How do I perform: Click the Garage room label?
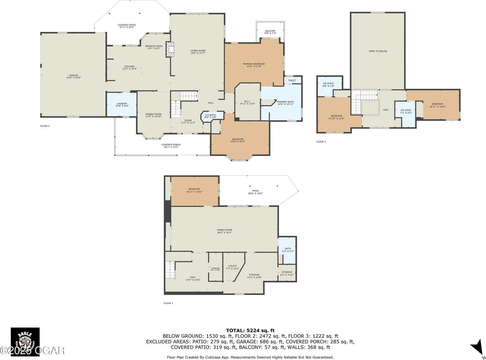[73, 76]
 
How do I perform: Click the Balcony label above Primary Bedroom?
[270, 32]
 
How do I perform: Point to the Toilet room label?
[292, 80]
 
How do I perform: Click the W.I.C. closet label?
[247, 102]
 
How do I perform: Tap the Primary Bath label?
[285, 103]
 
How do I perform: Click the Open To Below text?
[378, 51]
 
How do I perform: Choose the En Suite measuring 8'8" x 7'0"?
[328, 85]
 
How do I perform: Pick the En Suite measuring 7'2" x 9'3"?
[406, 111]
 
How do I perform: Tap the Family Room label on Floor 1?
[224, 231]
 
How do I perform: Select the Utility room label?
[232, 267]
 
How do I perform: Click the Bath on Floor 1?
[288, 250]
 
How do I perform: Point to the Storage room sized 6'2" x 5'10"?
[286, 273]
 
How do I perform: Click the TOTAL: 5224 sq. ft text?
[250, 330]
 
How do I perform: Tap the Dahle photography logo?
[25, 342]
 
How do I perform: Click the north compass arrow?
[477, 348]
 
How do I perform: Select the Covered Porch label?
[171, 146]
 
